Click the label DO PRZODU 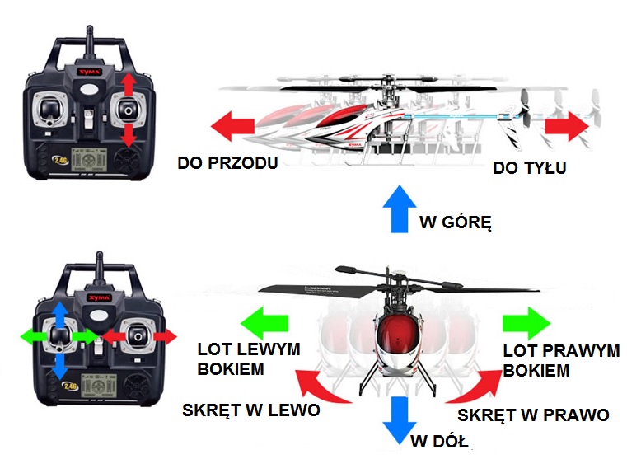click(227, 162)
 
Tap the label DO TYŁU click(530, 167)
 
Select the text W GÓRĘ click(456, 222)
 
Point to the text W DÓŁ click(439, 442)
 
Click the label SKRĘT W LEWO click(251, 410)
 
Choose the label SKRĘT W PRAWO click(533, 415)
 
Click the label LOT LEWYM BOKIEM click(249, 359)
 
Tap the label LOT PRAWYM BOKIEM click(561, 361)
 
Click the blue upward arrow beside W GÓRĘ click(400, 208)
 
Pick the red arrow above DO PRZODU click(232, 126)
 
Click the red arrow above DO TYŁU click(567, 126)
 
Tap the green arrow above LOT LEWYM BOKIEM click(264, 323)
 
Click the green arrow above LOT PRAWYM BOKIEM click(526, 323)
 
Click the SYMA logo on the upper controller click(90, 72)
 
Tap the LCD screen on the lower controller click(98, 386)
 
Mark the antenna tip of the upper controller click(90, 27)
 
